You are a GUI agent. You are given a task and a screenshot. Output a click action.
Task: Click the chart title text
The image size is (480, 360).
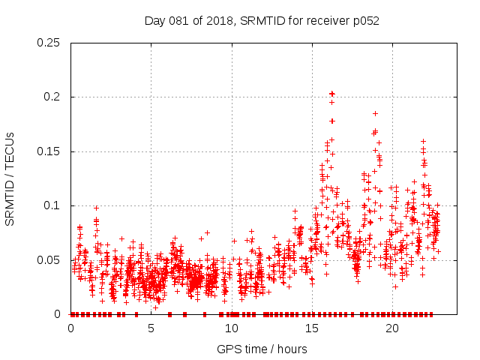click(x=262, y=21)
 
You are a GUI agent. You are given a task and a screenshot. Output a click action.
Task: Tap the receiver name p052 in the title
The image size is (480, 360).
click(x=364, y=21)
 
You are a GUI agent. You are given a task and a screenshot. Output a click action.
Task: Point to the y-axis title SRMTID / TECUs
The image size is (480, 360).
click(x=10, y=178)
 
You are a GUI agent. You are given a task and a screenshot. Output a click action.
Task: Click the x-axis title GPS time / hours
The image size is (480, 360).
click(x=262, y=349)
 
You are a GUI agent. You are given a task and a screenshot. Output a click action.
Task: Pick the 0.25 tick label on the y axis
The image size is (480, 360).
click(x=49, y=43)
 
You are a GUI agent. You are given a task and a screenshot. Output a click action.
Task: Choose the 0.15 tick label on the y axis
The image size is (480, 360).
click(x=49, y=151)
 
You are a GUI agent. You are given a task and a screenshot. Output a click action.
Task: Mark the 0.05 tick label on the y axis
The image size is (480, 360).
click(x=49, y=260)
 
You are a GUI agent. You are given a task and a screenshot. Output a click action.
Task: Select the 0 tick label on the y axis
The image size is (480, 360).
click(x=58, y=314)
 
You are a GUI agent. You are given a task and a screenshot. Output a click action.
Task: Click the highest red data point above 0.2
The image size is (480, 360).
click(x=331, y=94)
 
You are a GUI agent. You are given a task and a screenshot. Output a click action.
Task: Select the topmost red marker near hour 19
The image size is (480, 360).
click(x=375, y=113)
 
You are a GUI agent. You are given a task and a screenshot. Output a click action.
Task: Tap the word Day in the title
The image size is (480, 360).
click(x=154, y=21)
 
